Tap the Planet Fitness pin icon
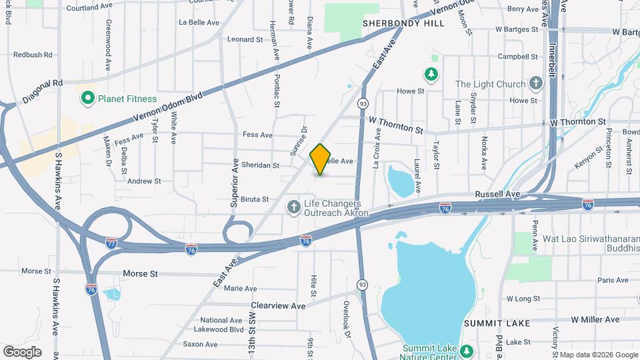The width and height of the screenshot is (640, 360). (87, 99)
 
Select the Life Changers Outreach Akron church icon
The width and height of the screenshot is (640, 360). (293, 208)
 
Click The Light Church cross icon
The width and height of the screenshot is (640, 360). (535, 84)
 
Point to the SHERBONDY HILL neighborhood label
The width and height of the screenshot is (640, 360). (403, 23)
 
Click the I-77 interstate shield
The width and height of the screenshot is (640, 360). (111, 243)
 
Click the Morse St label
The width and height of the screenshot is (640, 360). (140, 274)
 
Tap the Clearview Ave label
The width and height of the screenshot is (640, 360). (278, 305)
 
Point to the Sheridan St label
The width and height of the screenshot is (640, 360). (261, 165)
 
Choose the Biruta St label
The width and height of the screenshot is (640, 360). (255, 199)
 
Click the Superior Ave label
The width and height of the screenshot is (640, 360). (234, 183)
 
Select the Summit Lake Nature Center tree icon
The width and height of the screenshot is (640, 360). (467, 350)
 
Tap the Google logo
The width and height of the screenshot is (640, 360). (22, 351)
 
